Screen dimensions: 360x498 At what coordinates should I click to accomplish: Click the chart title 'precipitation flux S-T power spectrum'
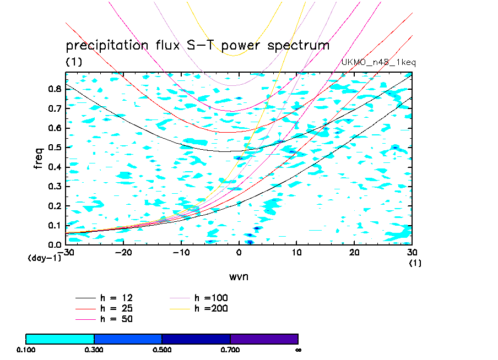pyautogui.click(x=197, y=45)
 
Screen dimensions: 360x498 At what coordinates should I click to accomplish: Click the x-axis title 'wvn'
pyautogui.click(x=239, y=276)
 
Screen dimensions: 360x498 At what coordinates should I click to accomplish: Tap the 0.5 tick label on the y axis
pyautogui.click(x=54, y=148)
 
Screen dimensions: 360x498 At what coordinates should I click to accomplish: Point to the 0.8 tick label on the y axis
pyautogui.click(x=54, y=89)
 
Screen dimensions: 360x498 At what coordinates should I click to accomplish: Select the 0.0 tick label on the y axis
pyautogui.click(x=54, y=244)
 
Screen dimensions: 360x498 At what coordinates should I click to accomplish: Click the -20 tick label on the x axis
pyautogui.click(x=123, y=252)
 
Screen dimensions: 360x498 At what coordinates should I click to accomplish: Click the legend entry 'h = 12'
pyautogui.click(x=116, y=298)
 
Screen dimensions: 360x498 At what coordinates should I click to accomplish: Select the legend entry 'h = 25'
pyautogui.click(x=116, y=308)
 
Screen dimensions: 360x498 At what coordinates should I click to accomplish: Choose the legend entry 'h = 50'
pyautogui.click(x=116, y=319)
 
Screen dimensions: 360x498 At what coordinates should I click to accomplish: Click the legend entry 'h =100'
pyautogui.click(x=212, y=298)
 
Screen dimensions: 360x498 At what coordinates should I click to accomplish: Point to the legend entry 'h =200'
pyautogui.click(x=212, y=308)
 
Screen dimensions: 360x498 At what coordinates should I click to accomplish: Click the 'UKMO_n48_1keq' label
pyautogui.click(x=378, y=62)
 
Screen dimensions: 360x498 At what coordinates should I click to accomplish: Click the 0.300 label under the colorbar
pyautogui.click(x=94, y=350)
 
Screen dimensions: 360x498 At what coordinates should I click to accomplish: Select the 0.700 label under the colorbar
pyautogui.click(x=230, y=350)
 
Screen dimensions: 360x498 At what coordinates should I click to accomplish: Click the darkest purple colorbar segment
pyautogui.click(x=264, y=339)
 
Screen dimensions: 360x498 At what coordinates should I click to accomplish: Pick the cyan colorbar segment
pyautogui.click(x=60, y=339)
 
